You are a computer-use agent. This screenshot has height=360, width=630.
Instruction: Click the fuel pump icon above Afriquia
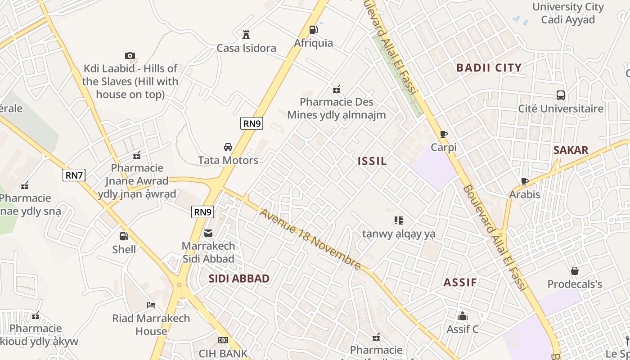click(x=313, y=30)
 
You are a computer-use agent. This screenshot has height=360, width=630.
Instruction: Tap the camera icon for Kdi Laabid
click(x=130, y=55)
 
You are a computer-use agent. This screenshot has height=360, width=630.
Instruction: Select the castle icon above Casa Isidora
click(x=246, y=35)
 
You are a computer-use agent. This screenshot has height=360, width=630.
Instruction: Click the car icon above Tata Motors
click(x=228, y=147)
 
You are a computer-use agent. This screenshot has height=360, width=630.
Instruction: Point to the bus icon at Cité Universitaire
click(x=561, y=95)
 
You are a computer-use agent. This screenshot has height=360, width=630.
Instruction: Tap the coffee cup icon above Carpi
click(x=444, y=134)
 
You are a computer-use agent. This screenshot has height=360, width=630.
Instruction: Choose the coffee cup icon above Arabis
click(x=524, y=181)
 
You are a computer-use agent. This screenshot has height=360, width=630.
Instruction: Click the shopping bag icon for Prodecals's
click(x=575, y=271)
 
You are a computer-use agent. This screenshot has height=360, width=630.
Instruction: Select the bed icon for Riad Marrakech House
click(x=151, y=305)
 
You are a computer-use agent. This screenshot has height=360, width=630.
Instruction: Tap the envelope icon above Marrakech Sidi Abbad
click(x=208, y=233)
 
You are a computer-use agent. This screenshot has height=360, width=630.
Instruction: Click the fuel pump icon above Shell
click(x=124, y=236)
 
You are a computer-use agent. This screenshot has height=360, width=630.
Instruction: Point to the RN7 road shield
click(x=74, y=175)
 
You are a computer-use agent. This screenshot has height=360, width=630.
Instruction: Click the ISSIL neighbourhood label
click(x=372, y=161)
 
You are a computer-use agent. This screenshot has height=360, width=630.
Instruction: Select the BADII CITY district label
click(x=489, y=68)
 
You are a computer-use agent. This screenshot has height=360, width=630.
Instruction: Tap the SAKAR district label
click(x=571, y=150)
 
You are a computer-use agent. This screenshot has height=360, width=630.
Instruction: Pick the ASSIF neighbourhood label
click(x=460, y=283)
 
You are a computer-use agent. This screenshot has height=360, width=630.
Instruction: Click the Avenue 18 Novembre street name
click(x=310, y=239)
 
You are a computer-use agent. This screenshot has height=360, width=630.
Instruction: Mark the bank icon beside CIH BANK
click(x=223, y=340)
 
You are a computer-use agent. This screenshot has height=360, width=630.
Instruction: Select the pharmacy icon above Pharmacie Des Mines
click(x=336, y=89)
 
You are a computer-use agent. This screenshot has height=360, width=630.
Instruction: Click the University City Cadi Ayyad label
click(x=568, y=13)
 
